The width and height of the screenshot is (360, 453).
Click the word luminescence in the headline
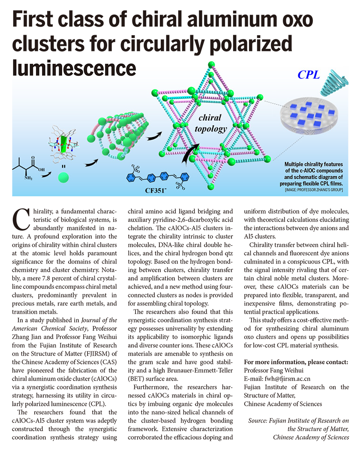pos(74,68)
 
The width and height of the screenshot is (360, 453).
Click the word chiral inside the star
pos(210,118)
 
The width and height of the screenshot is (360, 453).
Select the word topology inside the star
pos(210,128)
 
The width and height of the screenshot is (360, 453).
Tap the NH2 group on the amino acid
pos(29,178)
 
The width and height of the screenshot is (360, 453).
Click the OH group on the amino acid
pos(42,170)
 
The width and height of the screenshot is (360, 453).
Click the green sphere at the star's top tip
pos(210,65)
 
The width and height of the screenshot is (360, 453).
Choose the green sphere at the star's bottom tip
pos(210,187)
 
